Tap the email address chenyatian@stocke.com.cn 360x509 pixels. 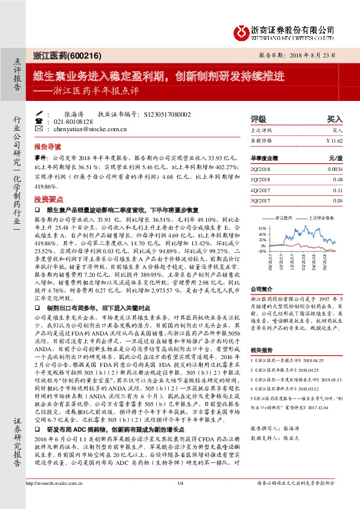coord(88,129)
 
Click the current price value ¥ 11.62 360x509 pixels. coord(334,140)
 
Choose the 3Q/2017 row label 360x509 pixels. coord(261,200)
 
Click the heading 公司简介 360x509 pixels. coord(263,290)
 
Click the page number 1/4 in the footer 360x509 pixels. coord(180,500)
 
